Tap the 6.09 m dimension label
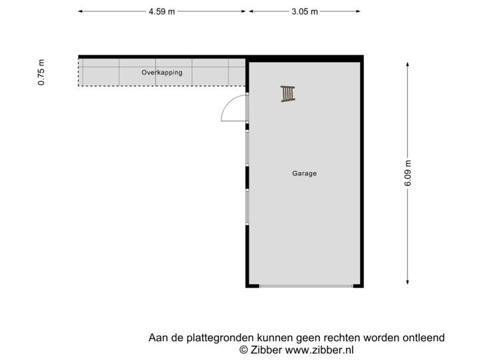(407, 173)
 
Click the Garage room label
(304, 173)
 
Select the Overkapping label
(161, 72)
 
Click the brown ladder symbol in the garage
(287, 94)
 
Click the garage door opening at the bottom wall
(305, 287)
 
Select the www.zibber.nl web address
(319, 349)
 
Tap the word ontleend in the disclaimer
(424, 338)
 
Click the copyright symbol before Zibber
(244, 349)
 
